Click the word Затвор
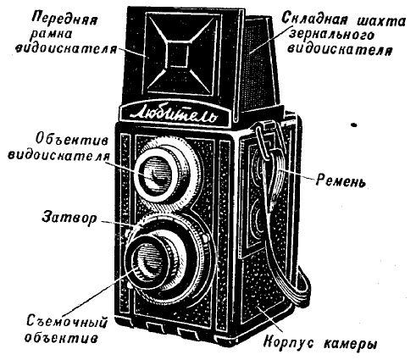pyautogui.click(x=69, y=218)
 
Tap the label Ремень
pyautogui.click(x=341, y=180)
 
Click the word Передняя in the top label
pyautogui.click(x=64, y=19)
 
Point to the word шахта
pyautogui.click(x=381, y=21)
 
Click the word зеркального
pyautogui.click(x=332, y=36)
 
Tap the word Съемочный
pyautogui.click(x=67, y=322)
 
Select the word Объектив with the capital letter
pyautogui.click(x=72, y=140)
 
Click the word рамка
pyautogui.click(x=55, y=35)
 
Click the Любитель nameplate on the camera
pyautogui.click(x=175, y=115)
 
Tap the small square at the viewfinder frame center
pyautogui.click(x=179, y=54)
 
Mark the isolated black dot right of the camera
pyautogui.click(x=353, y=125)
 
